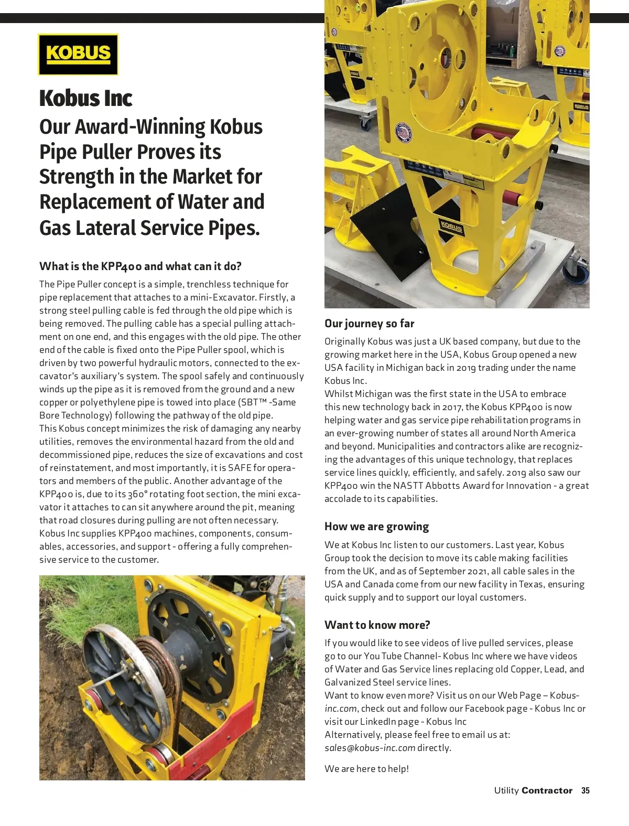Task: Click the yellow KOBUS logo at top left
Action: [78, 55]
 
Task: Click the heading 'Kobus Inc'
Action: [85, 99]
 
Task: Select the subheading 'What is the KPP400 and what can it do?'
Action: [140, 266]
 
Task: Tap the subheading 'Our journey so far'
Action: [369, 324]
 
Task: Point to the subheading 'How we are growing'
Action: [376, 527]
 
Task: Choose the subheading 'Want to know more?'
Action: [377, 625]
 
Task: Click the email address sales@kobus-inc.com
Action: [370, 748]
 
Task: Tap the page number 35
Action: [585, 791]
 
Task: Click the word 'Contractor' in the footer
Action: [547, 791]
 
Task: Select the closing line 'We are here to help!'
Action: [366, 769]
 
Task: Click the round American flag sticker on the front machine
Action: [403, 133]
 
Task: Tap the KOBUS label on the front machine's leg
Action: [451, 227]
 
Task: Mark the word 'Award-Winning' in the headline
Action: [140, 127]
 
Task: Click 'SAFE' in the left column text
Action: [239, 468]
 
